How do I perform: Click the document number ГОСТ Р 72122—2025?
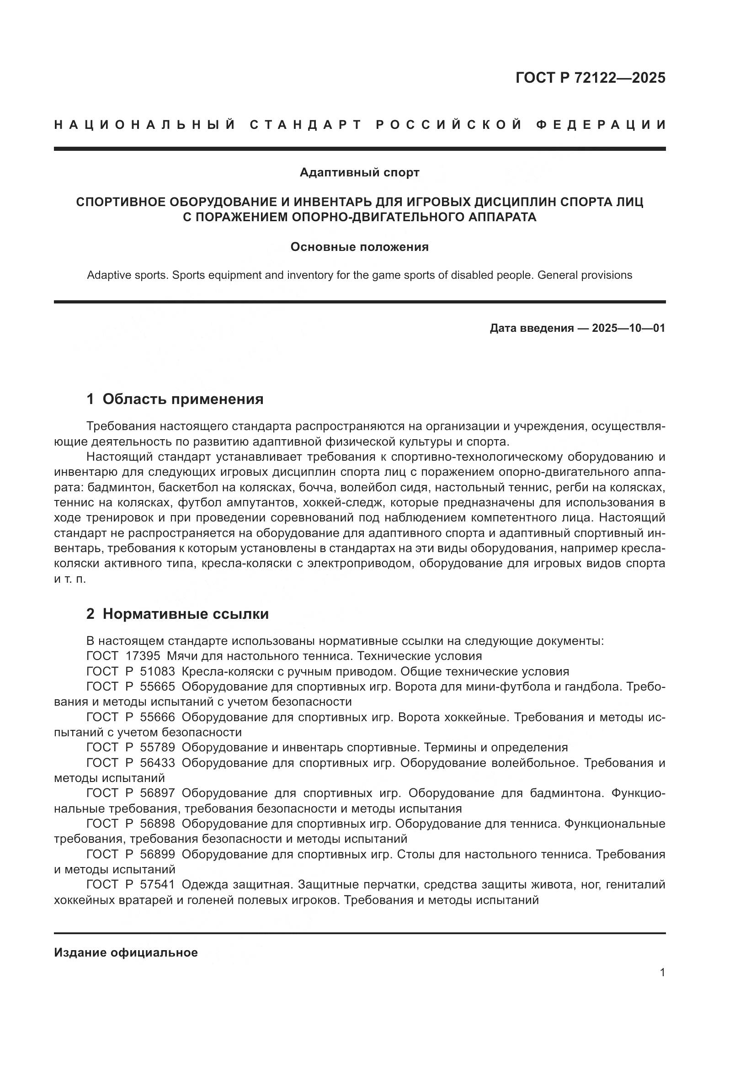tap(590, 78)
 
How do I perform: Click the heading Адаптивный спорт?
tap(359, 173)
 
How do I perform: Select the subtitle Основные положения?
tap(359, 247)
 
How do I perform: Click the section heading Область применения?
tap(183, 399)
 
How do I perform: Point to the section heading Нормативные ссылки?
tap(186, 614)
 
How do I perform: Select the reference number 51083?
tap(157, 671)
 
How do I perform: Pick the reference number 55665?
tap(157, 686)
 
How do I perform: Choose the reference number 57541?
tap(157, 884)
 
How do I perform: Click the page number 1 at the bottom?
tap(662, 973)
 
